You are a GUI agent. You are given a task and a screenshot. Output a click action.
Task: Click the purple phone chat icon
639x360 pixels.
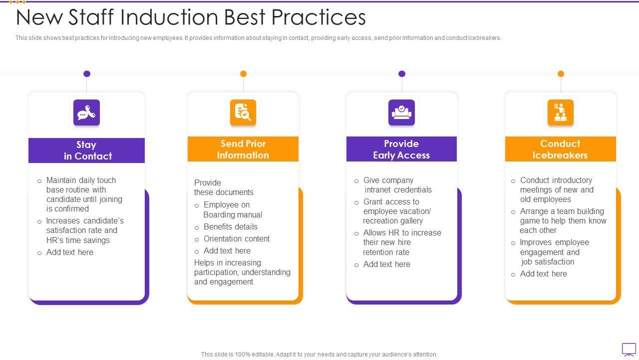pos(86,112)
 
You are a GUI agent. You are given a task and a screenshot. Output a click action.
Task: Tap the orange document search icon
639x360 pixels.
pos(243,112)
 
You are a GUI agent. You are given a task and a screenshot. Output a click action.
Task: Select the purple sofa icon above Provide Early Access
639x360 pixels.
pos(401,112)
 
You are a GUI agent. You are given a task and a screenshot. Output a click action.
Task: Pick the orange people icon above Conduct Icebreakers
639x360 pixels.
pos(560,112)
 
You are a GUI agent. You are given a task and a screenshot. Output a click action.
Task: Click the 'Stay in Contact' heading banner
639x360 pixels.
pos(86,150)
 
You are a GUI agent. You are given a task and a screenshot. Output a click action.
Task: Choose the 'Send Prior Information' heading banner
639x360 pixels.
pos(243,149)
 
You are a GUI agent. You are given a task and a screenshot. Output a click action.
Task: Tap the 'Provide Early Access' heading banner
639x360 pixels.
pos(401,149)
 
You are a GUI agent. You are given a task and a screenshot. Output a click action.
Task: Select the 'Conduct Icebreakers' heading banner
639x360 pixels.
pos(560,149)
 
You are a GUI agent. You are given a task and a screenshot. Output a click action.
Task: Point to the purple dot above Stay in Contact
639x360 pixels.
pos(87,74)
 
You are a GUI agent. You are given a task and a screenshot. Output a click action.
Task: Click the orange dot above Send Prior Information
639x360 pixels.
pos(244,74)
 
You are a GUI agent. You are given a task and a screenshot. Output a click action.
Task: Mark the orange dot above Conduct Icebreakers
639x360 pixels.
pos(561,74)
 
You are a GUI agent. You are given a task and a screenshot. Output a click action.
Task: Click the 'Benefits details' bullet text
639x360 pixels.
pos(230,227)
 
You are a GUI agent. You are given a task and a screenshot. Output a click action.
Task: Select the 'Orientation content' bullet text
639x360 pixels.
pos(236,239)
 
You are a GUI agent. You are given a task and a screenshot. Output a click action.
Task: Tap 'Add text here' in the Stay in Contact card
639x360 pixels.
pos(69,252)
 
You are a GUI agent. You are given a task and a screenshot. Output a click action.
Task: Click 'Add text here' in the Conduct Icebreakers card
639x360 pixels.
pos(543,274)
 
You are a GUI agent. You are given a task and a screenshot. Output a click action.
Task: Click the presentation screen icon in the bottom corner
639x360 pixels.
pos(629,349)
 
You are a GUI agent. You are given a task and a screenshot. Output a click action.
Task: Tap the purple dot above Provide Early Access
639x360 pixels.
pos(402,74)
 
